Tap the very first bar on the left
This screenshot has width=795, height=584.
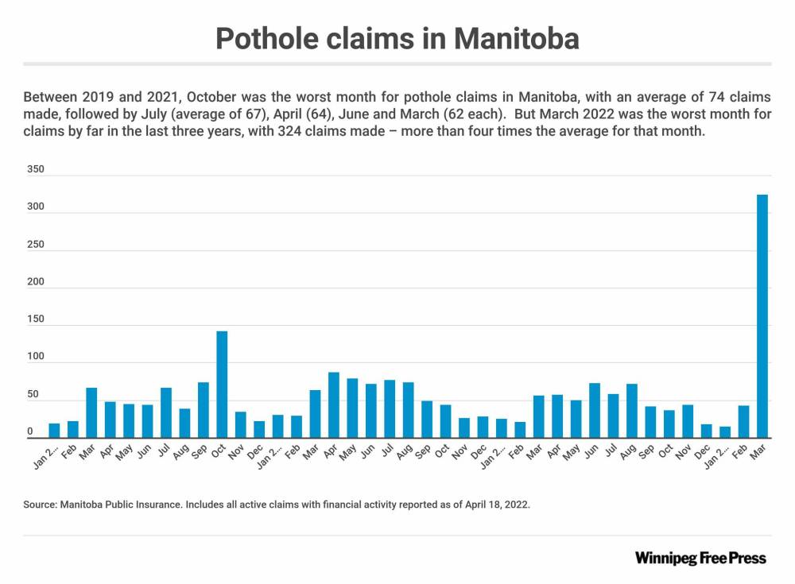pyautogui.click(x=54, y=431)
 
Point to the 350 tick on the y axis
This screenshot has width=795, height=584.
pyautogui.click(x=35, y=170)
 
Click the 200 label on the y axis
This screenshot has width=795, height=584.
pyautogui.click(x=35, y=283)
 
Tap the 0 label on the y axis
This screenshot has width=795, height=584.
pyautogui.click(x=30, y=432)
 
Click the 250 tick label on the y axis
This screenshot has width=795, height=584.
pyautogui.click(x=35, y=245)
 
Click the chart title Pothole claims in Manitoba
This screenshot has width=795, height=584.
pyautogui.click(x=397, y=38)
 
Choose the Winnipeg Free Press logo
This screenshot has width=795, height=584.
pyautogui.click(x=700, y=558)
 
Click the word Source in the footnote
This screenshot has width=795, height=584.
pyautogui.click(x=39, y=505)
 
